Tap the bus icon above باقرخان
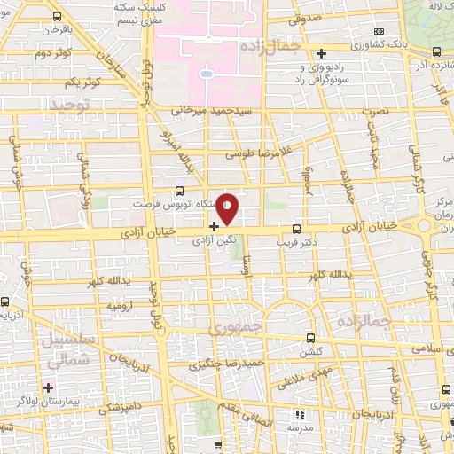click(58, 17)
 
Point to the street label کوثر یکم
click(81, 82)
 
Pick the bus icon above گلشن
click(310, 338)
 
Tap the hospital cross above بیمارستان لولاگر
click(48, 387)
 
